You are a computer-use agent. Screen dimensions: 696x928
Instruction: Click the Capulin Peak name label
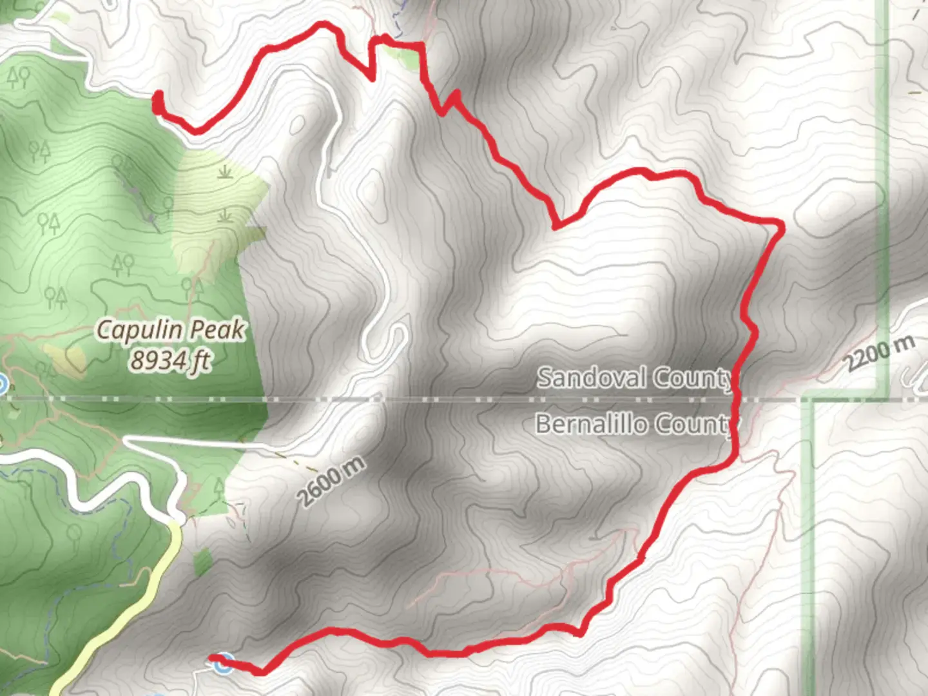click(x=171, y=330)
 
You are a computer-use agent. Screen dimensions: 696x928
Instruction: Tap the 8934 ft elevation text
click(x=171, y=360)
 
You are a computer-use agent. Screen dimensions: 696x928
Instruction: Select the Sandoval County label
click(x=634, y=378)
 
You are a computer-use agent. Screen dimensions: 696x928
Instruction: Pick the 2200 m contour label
click(x=880, y=353)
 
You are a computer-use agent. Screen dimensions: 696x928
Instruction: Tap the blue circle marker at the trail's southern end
click(x=223, y=663)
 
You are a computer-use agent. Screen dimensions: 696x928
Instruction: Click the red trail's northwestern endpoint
click(x=157, y=99)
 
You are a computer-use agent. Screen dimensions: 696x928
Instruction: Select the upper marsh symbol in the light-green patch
click(x=224, y=171)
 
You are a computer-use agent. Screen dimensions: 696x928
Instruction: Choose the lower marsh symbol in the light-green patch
click(x=224, y=215)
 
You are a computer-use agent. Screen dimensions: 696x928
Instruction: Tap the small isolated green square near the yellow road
click(x=203, y=563)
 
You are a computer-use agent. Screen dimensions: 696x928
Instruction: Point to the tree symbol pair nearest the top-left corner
click(x=19, y=77)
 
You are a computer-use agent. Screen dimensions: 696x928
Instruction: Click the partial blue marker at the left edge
click(x=2, y=385)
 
